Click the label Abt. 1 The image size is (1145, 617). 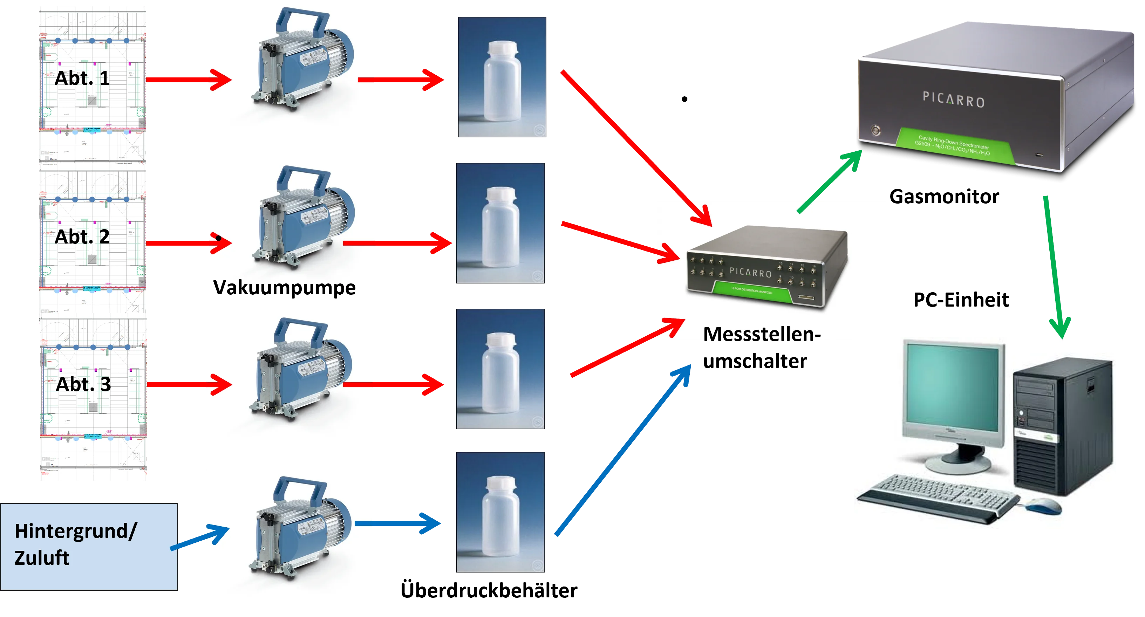82,78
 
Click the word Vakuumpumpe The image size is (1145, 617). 285,287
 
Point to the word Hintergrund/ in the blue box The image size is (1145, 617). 76,531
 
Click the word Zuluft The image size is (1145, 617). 42,558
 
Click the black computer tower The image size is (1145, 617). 1062,426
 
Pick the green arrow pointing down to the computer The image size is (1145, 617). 1056,267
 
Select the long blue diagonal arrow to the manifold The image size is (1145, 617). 622,451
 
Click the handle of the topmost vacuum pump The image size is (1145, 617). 302,20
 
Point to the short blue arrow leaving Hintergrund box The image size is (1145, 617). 200,539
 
